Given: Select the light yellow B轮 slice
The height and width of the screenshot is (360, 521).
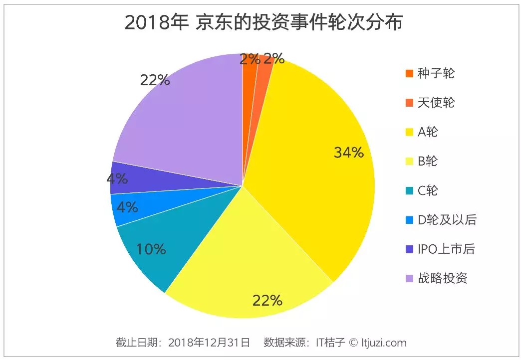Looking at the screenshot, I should pos(250,259).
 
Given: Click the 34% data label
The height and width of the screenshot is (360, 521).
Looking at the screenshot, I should pos(349,153).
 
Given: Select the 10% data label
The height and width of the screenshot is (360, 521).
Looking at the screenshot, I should pos(151,249).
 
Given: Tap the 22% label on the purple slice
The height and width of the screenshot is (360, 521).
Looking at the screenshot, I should pos(155,80).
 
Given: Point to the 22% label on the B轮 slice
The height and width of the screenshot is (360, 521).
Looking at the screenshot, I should pos(267,300).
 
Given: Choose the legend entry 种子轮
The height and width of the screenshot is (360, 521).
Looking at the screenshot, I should pos(436,73).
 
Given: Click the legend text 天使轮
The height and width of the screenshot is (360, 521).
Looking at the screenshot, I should pos(436,103).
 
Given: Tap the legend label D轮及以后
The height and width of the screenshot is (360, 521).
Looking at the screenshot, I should pos(447,220).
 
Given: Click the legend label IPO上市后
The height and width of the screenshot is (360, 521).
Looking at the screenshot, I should pos(446,249).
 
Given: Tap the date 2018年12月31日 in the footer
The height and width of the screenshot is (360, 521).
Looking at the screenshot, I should pos(209,343).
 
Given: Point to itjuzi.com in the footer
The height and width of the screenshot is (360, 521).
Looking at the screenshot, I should pos(384,343).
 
